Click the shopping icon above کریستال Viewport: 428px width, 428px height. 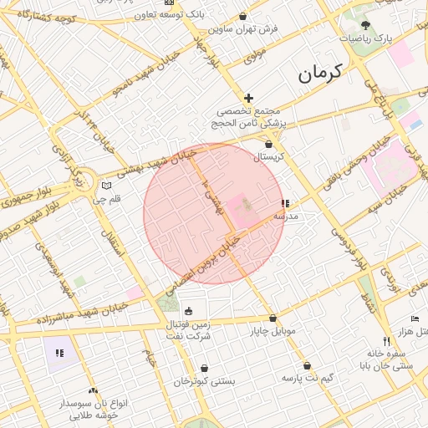268,144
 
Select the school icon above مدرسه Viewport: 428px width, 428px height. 286,203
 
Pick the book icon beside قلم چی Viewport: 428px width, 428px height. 104,186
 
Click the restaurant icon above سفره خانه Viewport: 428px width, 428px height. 385,341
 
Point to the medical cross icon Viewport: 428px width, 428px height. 248,99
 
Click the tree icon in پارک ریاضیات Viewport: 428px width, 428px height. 368,25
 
